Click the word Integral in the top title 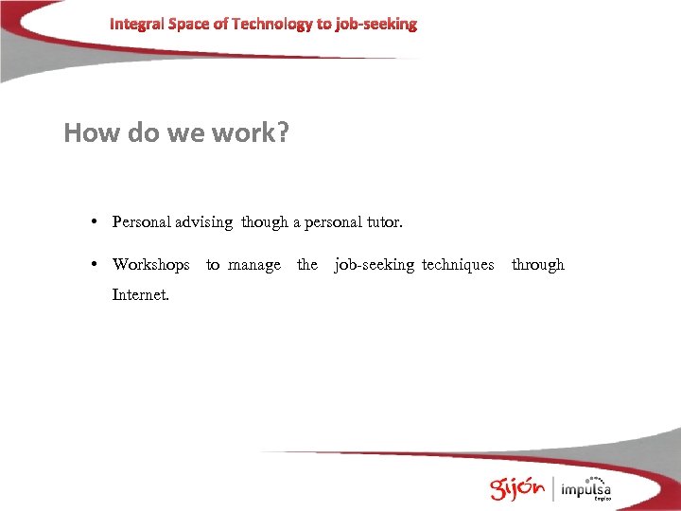click(x=136, y=24)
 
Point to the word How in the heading click(x=92, y=132)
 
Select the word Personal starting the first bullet click(x=142, y=222)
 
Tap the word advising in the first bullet click(x=204, y=222)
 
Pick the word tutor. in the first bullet click(x=381, y=222)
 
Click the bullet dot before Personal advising click(x=96, y=222)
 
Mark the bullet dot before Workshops click(x=96, y=265)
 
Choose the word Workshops click(x=150, y=265)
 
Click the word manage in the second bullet click(x=253, y=265)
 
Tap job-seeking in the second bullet click(x=375, y=265)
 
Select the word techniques click(x=458, y=265)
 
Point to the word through click(x=537, y=265)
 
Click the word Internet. click(x=141, y=294)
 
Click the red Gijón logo click(x=516, y=487)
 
